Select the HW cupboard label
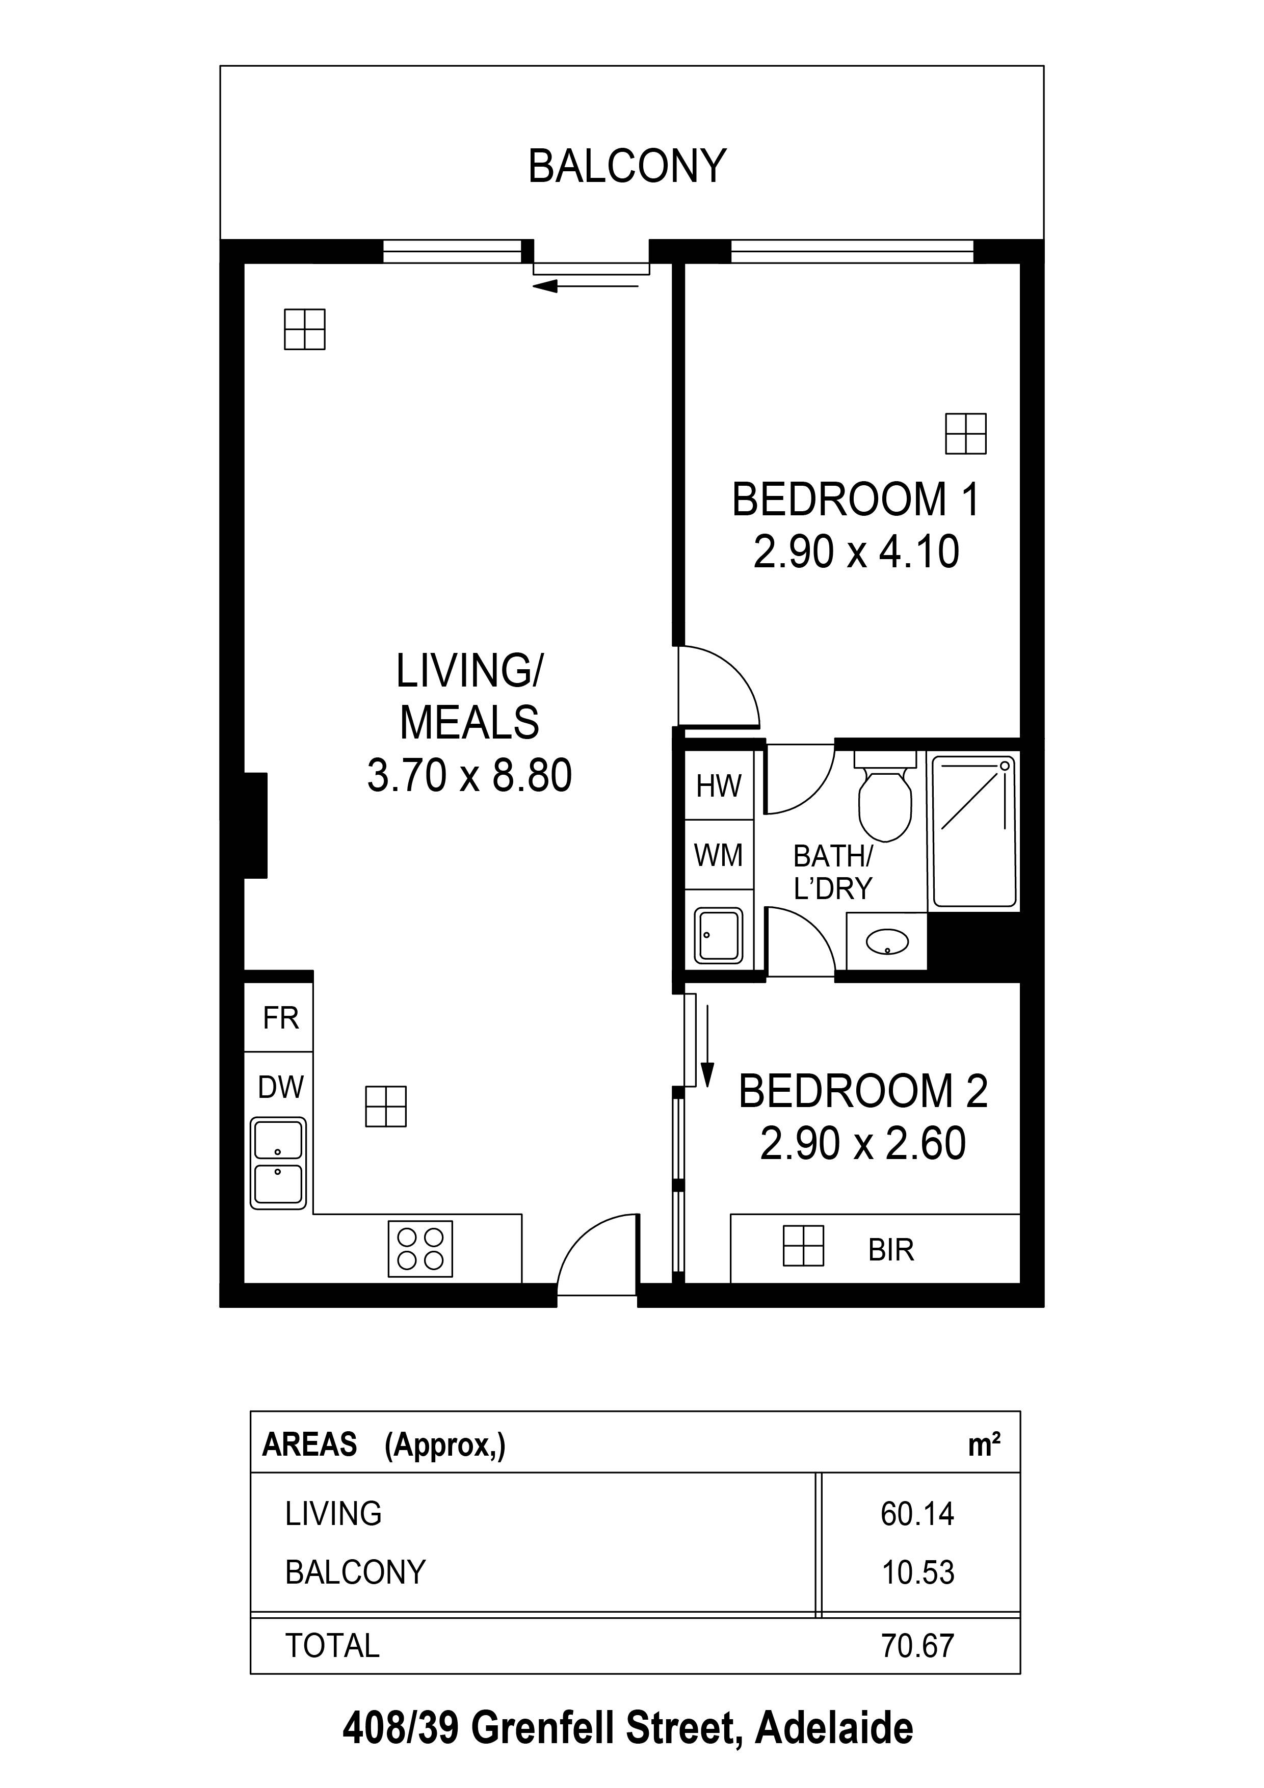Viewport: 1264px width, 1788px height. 718,786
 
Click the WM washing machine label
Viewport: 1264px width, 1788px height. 718,856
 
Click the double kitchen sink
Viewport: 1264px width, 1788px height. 278,1164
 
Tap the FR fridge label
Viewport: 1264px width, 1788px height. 280,1018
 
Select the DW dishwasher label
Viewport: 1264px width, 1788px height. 280,1087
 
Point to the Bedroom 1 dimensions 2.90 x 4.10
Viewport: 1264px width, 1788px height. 856,552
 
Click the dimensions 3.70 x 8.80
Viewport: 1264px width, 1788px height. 469,776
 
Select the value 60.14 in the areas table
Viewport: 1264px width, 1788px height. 916,1514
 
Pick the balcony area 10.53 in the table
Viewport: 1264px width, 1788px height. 916,1572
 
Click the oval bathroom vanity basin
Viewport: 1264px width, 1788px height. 887,942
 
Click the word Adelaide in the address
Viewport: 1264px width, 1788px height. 834,1729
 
